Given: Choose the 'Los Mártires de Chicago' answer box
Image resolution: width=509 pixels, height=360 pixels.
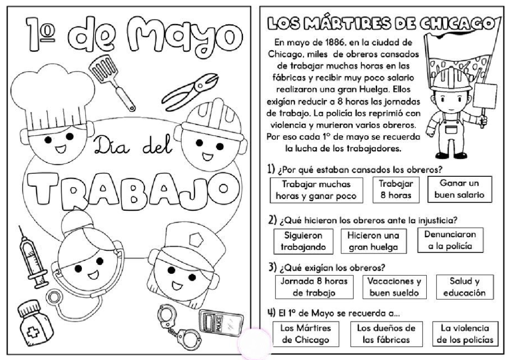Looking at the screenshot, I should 306,334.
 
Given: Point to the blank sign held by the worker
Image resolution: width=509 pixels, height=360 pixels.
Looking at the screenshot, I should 486,96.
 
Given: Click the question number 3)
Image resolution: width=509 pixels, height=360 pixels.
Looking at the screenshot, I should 273,268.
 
